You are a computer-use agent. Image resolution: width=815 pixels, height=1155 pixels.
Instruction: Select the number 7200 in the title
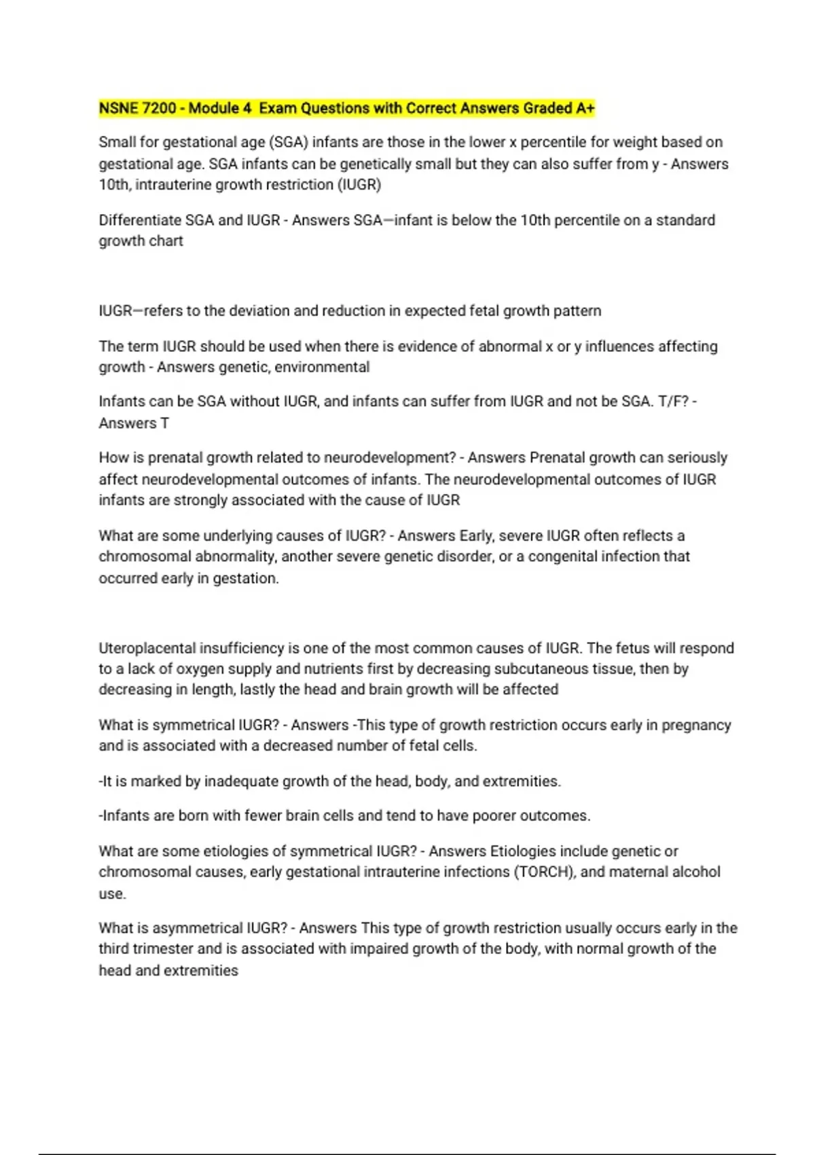[x=158, y=108]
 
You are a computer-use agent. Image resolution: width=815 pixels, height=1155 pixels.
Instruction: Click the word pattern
[x=577, y=311]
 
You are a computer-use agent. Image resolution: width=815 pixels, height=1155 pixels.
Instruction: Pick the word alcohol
[x=695, y=872]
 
